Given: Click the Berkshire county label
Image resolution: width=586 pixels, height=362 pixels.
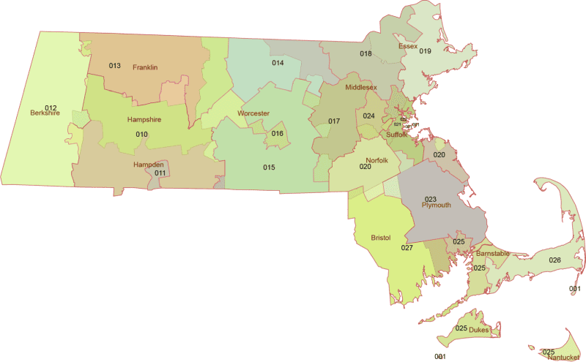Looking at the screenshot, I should (x=45, y=113).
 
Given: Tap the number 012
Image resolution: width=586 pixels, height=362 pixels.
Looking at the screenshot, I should (x=51, y=108).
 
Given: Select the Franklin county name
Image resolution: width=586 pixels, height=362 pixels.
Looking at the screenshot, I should (x=145, y=67).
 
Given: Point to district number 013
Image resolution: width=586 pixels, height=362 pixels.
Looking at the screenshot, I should (x=114, y=66).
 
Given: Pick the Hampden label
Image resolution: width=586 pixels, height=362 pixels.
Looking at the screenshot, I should (x=148, y=165).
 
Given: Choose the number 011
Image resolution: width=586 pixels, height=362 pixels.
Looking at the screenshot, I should (x=160, y=173).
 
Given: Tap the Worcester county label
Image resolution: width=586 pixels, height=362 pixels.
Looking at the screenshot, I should (x=253, y=113).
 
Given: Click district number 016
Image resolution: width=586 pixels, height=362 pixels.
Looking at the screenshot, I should (x=277, y=134).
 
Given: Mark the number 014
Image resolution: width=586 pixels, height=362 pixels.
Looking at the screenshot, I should (x=278, y=63).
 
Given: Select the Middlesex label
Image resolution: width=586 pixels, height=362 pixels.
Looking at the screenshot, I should (x=361, y=87).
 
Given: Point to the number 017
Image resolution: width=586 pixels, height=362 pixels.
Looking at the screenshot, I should (x=334, y=121).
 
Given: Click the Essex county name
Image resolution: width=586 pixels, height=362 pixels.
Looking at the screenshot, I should (x=407, y=46).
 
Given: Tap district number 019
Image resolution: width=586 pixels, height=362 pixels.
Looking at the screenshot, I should (x=425, y=51).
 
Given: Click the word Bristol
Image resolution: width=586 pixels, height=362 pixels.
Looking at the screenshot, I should (x=381, y=238).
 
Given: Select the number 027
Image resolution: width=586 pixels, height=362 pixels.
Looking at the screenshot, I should (x=407, y=248).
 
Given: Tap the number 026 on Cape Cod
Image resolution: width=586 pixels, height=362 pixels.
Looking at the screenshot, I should (x=555, y=260).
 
